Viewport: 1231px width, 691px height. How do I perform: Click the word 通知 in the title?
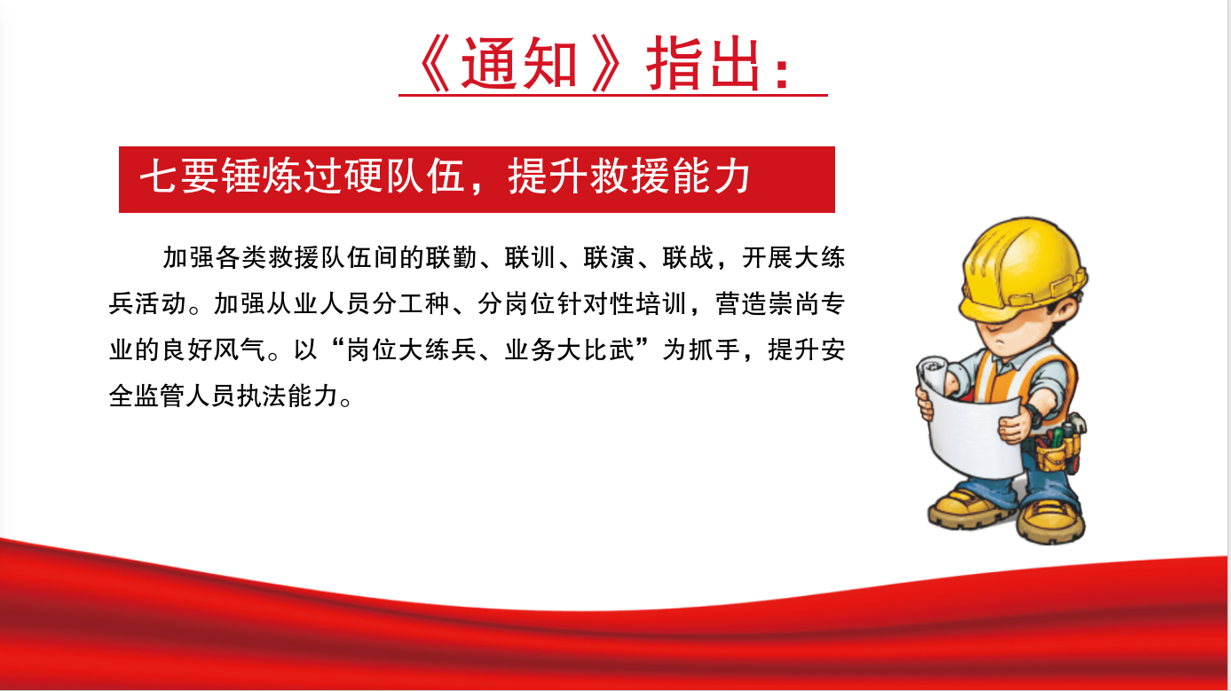click(519, 64)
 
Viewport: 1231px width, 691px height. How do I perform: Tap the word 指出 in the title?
click(703, 64)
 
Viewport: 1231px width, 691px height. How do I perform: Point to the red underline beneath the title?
click(613, 96)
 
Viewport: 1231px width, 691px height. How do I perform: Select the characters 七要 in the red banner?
click(179, 177)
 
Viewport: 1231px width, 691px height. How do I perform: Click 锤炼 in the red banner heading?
click(261, 177)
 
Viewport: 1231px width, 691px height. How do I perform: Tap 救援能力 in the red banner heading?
click(670, 177)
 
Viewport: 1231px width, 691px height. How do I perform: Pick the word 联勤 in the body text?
click(452, 257)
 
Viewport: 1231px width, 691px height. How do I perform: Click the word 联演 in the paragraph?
click(610, 257)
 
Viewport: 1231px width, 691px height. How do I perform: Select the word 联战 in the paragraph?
click(688, 257)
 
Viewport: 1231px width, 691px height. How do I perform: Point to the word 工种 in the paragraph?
click(424, 303)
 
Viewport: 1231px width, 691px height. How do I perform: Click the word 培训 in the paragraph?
click(662, 303)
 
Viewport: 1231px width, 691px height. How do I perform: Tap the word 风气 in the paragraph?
click(240, 349)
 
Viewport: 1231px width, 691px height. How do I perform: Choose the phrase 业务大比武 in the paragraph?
click(569, 349)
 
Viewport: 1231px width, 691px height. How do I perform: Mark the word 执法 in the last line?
click(263, 396)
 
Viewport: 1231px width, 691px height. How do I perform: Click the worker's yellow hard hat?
click(1023, 269)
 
